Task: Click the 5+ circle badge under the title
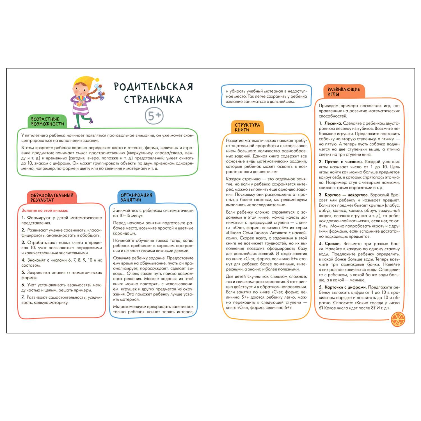coord(154,116)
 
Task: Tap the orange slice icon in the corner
coord(398,320)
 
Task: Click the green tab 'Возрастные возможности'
coord(47,121)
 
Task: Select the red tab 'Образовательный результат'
coord(52,198)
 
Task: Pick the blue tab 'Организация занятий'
coord(136,197)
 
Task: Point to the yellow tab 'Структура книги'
coord(247,127)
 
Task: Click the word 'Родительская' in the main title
coord(154,86)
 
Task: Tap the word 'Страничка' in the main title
coord(153,99)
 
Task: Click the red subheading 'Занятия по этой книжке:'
coord(45,210)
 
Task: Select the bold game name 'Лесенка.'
coord(333,123)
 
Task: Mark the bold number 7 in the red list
coord(23,297)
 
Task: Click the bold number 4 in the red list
coord(23,260)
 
